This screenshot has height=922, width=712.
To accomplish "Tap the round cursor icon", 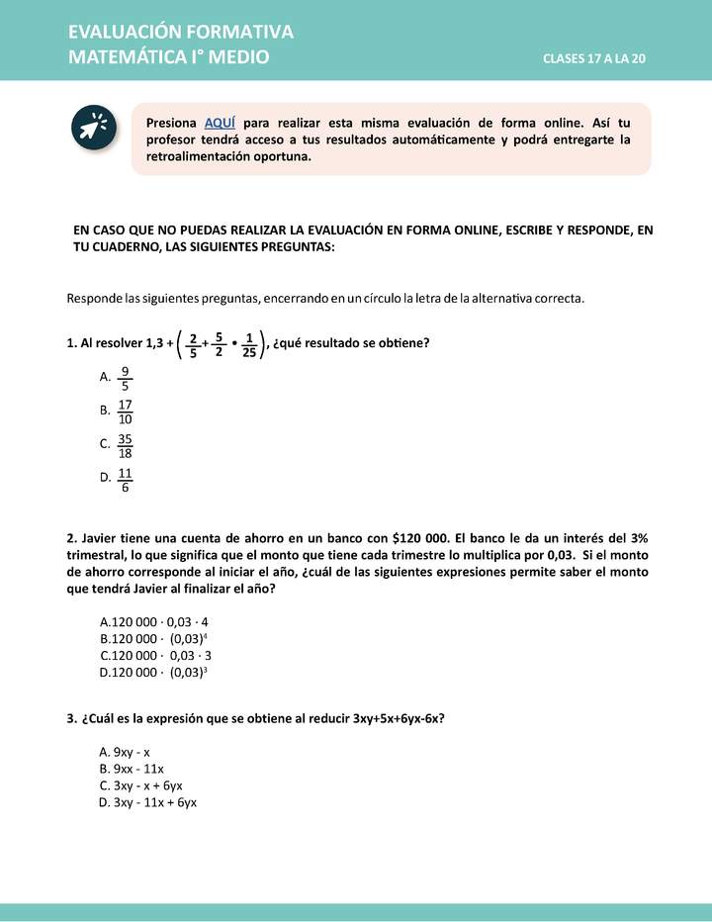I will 94,129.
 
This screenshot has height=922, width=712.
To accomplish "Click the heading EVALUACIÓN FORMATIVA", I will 181,33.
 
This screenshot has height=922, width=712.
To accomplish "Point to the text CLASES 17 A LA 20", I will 593,59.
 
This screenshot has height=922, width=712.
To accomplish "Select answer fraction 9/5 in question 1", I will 125,378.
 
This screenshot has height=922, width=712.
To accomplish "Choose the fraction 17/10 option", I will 126,412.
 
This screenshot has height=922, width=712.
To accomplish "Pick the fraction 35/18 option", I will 126,445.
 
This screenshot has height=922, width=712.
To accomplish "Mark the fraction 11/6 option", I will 126,480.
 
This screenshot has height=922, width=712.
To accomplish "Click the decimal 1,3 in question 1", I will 154,344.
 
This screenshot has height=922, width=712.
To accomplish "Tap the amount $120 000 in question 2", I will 425,538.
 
